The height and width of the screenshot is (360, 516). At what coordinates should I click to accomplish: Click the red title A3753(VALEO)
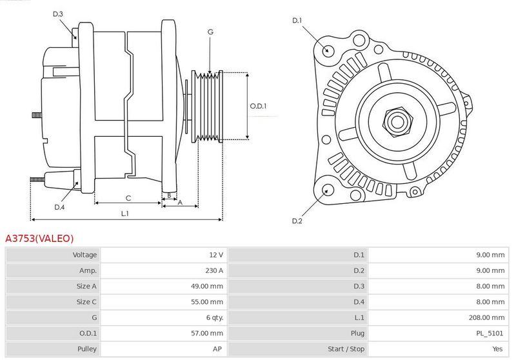39,238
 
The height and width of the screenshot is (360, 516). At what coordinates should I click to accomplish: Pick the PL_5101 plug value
490,334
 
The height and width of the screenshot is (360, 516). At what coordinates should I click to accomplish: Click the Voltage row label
84,255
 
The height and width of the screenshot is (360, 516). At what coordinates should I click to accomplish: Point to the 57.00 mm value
206,334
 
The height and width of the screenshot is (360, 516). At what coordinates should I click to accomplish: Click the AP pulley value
217,349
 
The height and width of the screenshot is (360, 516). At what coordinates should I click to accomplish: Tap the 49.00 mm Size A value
206,286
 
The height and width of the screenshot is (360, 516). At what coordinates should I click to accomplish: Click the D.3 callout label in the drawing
57,14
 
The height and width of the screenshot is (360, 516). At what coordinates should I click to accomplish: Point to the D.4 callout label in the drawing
59,207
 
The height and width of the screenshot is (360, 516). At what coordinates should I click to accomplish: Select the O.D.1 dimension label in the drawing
258,106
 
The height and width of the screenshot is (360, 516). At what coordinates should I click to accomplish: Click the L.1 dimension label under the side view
124,214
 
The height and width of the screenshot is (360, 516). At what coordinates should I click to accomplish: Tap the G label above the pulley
210,32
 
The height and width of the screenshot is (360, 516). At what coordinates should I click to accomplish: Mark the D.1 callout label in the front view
297,21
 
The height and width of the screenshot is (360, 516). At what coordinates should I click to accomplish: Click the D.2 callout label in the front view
297,221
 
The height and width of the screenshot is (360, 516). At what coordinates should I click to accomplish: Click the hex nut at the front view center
397,122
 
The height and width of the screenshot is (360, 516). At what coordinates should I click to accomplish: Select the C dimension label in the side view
128,198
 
